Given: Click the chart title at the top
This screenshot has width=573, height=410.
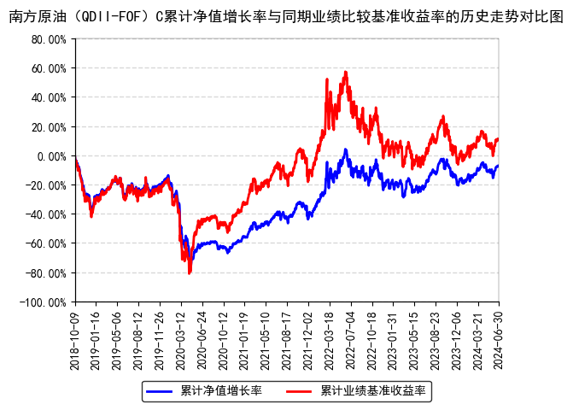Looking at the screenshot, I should (x=286, y=16).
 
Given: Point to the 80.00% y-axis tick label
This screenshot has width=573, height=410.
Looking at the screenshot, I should (x=48, y=39).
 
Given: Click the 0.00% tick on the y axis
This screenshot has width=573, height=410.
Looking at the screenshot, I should (x=50, y=156).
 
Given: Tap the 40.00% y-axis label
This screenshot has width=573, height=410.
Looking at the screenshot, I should (x=48, y=97).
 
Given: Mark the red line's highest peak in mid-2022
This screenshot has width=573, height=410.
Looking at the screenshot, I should (x=346, y=73).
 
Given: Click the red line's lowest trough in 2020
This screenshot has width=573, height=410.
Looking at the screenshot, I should (x=190, y=272).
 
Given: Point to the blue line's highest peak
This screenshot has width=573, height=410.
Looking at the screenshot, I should (x=346, y=150).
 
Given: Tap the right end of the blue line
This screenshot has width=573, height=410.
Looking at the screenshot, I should (x=498, y=166).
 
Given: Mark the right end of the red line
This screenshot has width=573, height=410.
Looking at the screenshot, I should (x=498, y=138).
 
